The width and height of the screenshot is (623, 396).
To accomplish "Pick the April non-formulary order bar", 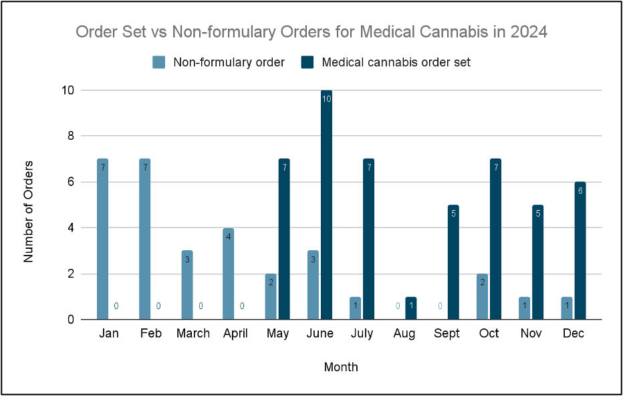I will [229, 274].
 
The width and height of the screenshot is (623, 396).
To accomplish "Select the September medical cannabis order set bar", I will [453, 262].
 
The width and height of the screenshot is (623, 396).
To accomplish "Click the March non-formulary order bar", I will [186, 285].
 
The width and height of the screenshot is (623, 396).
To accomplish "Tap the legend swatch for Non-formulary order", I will [159, 62].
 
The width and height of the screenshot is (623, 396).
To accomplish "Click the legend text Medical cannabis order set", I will [396, 62].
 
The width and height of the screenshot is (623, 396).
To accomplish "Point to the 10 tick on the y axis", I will [67, 90].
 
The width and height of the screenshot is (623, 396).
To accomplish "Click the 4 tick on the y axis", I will [70, 228].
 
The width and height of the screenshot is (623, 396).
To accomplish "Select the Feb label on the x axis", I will [151, 334].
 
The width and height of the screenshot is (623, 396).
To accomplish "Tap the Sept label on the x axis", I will [447, 334].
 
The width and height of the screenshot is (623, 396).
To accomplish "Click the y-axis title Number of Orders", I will [29, 211].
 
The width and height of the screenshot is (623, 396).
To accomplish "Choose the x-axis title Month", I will [341, 367].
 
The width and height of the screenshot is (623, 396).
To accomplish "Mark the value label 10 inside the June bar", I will [326, 99].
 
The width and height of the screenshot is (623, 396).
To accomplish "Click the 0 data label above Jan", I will [116, 306].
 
